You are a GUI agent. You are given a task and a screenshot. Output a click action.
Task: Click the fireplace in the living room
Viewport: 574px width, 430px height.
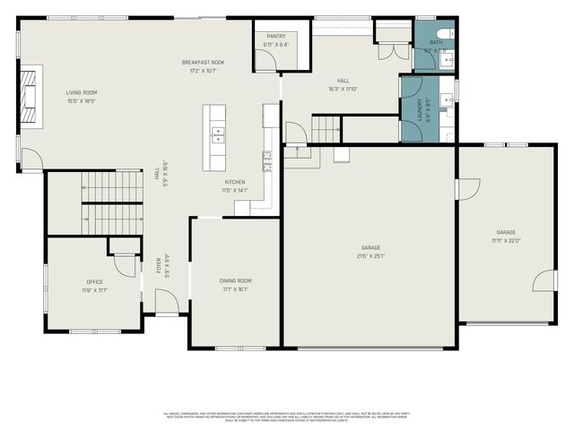(30, 93)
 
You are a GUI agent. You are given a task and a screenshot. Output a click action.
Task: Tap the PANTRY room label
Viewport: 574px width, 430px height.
(276, 37)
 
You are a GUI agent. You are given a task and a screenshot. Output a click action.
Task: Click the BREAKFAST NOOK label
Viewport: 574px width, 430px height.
(204, 62)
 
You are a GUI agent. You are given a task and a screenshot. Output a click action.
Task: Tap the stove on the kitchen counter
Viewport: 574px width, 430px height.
(266, 161)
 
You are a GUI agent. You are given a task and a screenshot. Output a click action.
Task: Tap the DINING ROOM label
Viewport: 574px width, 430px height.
(235, 281)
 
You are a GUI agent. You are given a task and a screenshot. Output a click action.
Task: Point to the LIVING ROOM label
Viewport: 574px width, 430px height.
(81, 92)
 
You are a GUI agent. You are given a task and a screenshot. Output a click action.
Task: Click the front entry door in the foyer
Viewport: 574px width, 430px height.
(166, 305)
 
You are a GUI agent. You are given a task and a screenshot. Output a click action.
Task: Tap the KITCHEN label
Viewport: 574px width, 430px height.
(234, 182)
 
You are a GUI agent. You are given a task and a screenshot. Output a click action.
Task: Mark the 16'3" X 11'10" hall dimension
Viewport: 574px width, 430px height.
(342, 89)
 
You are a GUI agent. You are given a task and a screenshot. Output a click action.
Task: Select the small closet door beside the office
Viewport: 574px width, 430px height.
(124, 264)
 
